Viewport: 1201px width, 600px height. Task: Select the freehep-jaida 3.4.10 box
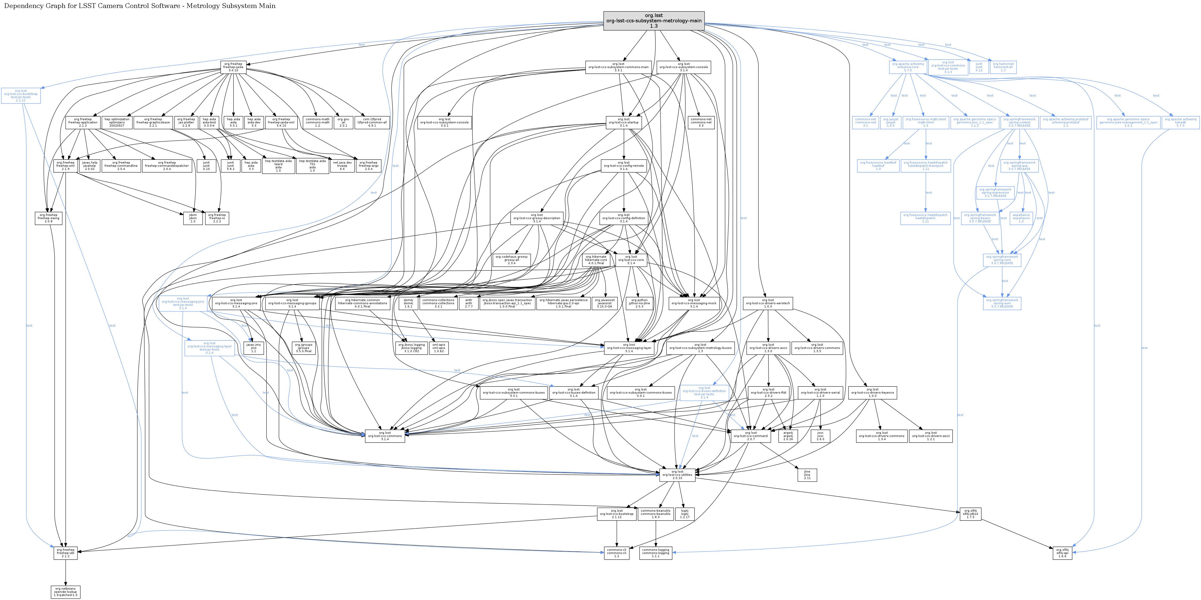pos(233,67)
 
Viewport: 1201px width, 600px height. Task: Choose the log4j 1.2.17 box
pos(684,514)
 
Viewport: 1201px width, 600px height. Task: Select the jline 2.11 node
pos(807,475)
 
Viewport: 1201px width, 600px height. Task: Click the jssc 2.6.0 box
pos(820,436)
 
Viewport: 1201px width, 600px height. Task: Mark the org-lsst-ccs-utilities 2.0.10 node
pos(677,475)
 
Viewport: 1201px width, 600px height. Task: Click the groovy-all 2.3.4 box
pos(511,260)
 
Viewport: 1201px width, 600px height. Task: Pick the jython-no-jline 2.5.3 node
pos(639,303)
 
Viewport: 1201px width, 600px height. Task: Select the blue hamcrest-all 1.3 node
pos(1003,67)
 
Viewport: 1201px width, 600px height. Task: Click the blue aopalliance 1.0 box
pos(1021,218)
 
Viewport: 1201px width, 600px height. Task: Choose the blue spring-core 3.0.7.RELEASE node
pos(1002,260)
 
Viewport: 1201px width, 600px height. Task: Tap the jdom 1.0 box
pos(192,218)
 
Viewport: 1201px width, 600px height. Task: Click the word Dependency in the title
pos(24,6)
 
